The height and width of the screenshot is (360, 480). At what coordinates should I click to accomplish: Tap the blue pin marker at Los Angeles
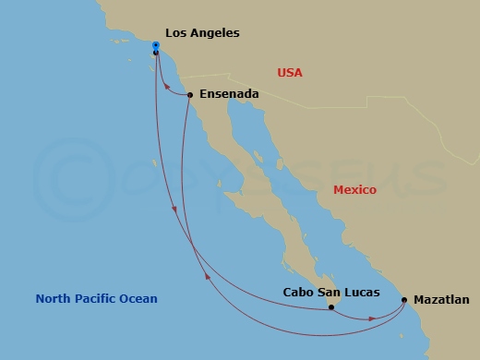click(x=156, y=46)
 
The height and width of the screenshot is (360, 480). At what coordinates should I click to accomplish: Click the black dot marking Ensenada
click(x=189, y=94)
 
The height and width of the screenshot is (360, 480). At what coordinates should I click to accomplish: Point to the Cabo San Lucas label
click(x=330, y=292)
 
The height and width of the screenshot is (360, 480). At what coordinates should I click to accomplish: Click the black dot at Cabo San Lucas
click(x=331, y=307)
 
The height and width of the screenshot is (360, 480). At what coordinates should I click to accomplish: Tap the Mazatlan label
click(x=441, y=299)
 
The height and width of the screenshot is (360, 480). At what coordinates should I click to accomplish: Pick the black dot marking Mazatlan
click(x=404, y=299)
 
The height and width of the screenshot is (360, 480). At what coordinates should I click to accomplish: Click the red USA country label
click(x=290, y=72)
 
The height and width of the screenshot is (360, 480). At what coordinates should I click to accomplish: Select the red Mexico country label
click(x=354, y=189)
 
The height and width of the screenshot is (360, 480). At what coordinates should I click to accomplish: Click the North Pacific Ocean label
click(x=96, y=298)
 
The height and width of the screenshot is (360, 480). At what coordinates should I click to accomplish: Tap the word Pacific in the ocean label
click(x=97, y=298)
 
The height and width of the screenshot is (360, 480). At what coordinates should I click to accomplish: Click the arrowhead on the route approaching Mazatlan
click(x=372, y=318)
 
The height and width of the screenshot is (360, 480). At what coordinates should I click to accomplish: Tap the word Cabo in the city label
click(x=297, y=292)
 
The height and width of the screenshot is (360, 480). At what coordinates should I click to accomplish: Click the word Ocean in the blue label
click(x=138, y=298)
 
